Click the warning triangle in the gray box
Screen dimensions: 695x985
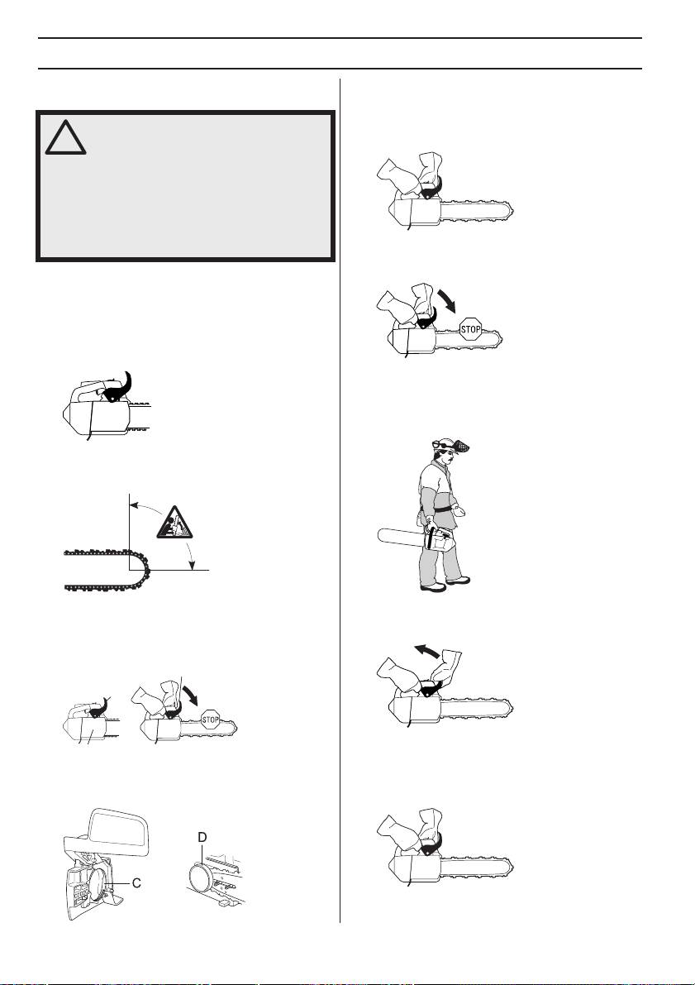(66, 137)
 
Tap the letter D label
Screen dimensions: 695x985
(202, 838)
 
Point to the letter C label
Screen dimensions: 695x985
(136, 882)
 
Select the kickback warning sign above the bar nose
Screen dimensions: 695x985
(174, 521)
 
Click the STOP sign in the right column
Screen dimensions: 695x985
(470, 328)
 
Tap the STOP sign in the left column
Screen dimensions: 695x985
(211, 720)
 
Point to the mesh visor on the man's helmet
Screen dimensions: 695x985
(461, 447)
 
